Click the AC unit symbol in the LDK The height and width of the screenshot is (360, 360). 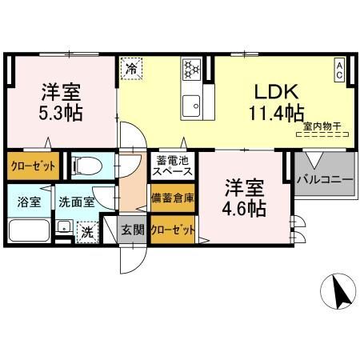[x=339, y=70]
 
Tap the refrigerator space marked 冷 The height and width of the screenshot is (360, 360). [x=131, y=69]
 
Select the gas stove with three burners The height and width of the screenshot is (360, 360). [x=192, y=70]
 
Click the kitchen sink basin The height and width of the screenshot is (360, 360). [x=191, y=106]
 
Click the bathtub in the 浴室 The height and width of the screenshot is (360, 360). [x=29, y=230]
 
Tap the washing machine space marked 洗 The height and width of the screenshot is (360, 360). [x=87, y=232]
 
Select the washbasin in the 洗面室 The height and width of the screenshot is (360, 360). [x=64, y=227]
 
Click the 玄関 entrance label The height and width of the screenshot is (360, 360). [x=133, y=230]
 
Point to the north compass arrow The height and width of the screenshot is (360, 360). [x=341, y=291]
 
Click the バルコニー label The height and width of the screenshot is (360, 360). [x=325, y=180]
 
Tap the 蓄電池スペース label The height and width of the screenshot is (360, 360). [x=172, y=166]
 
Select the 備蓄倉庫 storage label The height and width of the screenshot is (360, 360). [x=172, y=198]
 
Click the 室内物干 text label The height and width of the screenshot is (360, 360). [x=322, y=126]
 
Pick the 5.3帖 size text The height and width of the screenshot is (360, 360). [x=61, y=114]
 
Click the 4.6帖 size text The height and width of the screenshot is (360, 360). [x=244, y=209]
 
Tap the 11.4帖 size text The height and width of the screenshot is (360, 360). [x=277, y=114]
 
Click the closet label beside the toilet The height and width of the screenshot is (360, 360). [x=34, y=166]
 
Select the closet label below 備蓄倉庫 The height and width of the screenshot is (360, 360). [x=173, y=230]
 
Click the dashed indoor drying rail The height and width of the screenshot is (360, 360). [x=323, y=134]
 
